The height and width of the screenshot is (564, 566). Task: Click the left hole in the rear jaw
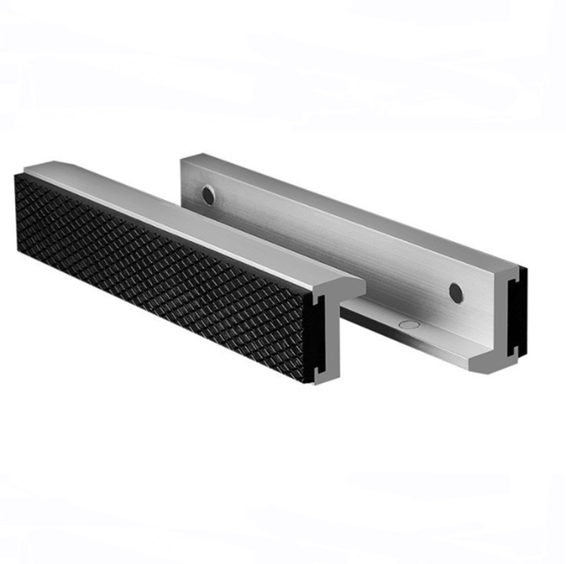point(208,195)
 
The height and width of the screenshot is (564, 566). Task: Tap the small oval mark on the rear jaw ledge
point(408,325)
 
